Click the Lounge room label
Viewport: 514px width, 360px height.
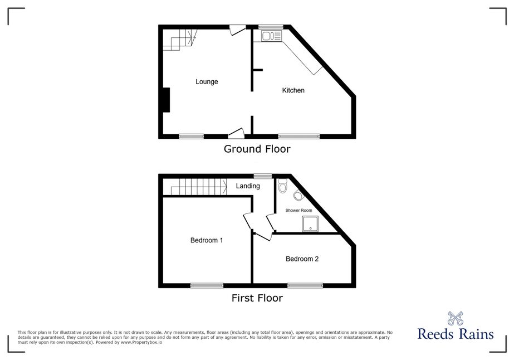click(x=207, y=82)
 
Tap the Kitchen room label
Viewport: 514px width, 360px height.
click(x=293, y=90)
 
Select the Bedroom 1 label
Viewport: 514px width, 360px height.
click(x=207, y=240)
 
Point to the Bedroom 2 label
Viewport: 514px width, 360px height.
click(x=302, y=259)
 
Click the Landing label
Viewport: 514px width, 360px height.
click(x=248, y=186)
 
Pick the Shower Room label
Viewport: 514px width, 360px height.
click(x=298, y=210)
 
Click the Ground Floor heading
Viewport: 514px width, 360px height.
click(x=257, y=149)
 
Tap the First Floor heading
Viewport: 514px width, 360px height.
click(x=257, y=298)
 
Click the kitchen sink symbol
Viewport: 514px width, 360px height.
click(x=271, y=36)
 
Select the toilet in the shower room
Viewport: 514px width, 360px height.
click(x=282, y=186)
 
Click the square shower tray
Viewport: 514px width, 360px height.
click(x=310, y=224)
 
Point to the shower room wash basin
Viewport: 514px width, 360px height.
click(x=298, y=195)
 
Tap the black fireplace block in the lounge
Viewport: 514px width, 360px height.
click(x=166, y=100)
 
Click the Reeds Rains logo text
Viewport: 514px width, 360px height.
click(x=456, y=334)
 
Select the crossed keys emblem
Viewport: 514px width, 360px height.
click(x=456, y=318)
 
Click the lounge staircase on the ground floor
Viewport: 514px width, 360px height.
click(x=180, y=40)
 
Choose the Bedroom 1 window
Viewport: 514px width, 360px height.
click(x=207, y=285)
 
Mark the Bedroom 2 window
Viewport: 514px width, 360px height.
click(x=305, y=285)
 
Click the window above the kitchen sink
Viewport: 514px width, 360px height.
click(x=271, y=27)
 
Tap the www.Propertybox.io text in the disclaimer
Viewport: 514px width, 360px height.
click(x=141, y=342)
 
